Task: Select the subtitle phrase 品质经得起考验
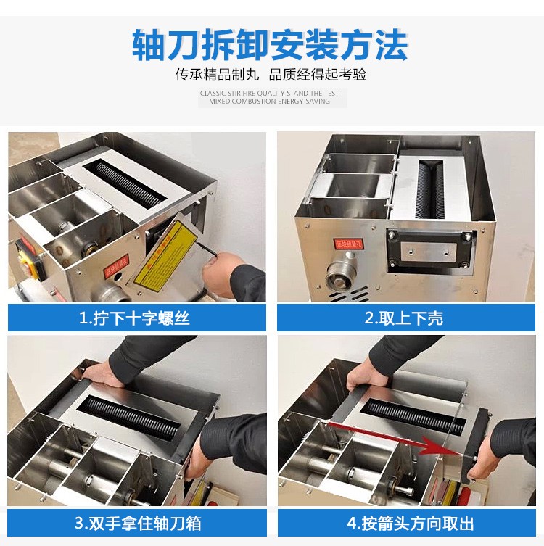click(x=318, y=75)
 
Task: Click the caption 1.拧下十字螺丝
click(x=135, y=317)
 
